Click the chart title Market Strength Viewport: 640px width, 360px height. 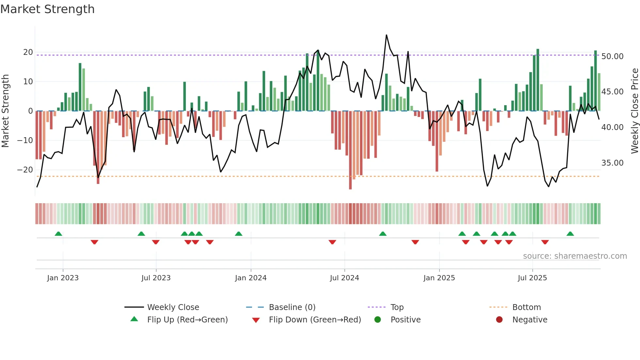click(47, 9)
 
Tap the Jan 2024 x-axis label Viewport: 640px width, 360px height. click(250, 278)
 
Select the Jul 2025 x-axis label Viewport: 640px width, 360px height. click(532, 278)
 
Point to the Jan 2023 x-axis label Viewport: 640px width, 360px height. click(63, 278)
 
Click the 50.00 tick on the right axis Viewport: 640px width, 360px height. click(612, 57)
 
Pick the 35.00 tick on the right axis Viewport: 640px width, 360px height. click(612, 163)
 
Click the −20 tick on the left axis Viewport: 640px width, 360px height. click(25, 170)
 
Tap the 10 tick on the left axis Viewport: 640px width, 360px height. click(28, 82)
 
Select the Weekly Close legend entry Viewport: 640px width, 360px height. click(173, 307)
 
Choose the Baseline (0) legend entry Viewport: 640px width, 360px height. click(292, 307)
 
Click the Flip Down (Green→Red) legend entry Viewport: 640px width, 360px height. click(315, 320)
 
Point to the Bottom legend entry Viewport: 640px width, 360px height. click(526, 307)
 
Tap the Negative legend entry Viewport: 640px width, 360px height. click(530, 320)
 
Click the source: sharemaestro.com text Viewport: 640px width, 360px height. click(575, 256)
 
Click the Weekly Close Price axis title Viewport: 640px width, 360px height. click(634, 111)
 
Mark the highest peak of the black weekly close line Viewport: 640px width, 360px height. click(386, 35)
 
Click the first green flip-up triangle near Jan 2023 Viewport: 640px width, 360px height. click(58, 234)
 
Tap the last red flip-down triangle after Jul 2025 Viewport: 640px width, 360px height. click(545, 242)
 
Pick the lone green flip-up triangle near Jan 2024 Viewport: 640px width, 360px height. click(239, 234)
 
